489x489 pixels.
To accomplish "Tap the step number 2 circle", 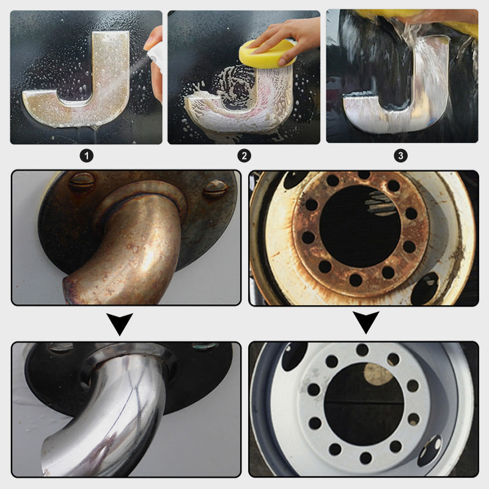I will (244, 156).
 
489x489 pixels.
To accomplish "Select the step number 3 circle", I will (401, 156).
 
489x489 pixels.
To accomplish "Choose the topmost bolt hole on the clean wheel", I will (362, 350).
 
